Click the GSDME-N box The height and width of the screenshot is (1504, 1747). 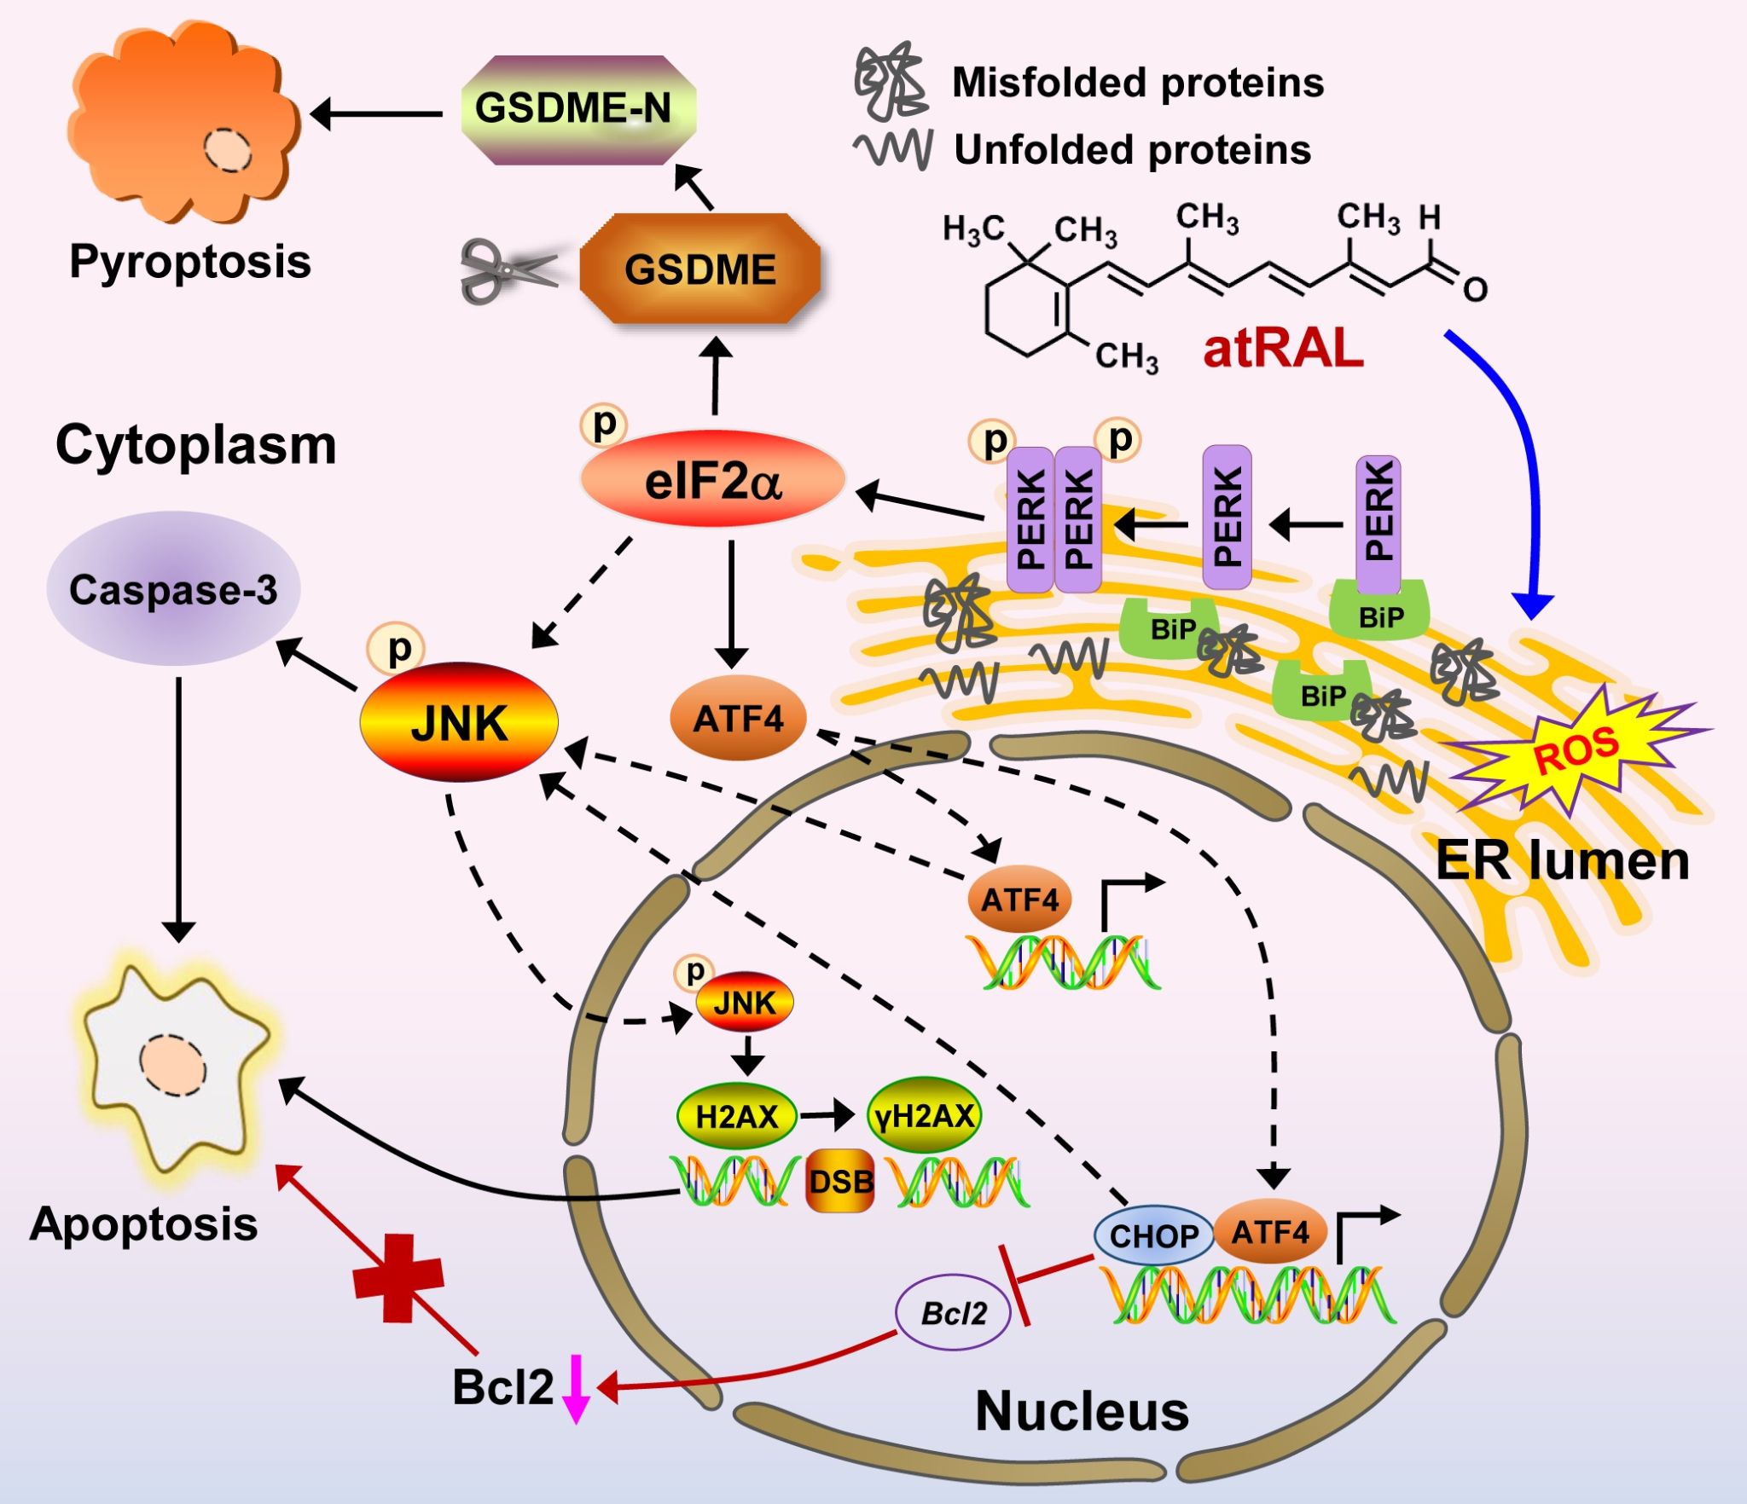pos(577,109)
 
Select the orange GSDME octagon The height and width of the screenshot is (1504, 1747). pos(699,269)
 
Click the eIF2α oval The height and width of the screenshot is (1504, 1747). pos(712,481)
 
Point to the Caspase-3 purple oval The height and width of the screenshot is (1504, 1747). pos(173,589)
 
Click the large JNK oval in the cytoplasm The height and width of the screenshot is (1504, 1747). pos(459,722)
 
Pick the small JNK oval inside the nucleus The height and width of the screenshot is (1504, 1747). pos(745,1003)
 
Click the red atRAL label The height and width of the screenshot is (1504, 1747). pos(1282,348)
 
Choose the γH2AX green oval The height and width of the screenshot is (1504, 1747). pos(925,1116)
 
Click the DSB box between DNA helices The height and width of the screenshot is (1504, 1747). pos(840,1181)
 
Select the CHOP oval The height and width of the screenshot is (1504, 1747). pos(1153,1235)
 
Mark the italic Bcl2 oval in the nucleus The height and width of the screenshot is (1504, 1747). pos(954,1314)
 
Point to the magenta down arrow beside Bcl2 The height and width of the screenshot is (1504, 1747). pos(577,1388)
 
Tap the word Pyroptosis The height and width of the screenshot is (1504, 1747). pos(189,261)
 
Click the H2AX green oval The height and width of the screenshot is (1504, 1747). pos(736,1116)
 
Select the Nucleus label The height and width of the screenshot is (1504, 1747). pos(1081,1411)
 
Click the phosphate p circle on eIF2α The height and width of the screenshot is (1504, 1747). pos(604,424)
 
